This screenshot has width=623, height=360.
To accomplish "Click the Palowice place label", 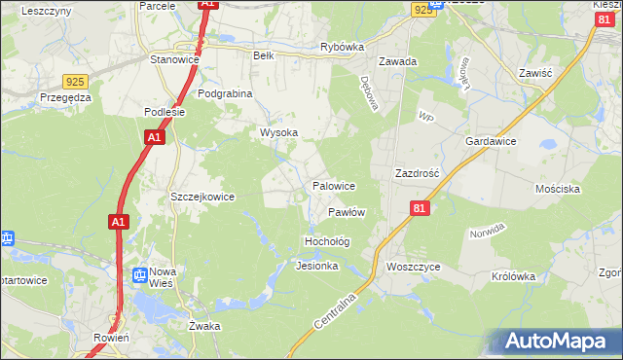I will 333,185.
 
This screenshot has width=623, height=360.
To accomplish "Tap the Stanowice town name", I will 174,59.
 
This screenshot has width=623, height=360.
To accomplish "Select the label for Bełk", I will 263,55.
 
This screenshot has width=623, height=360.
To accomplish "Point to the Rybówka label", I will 342,47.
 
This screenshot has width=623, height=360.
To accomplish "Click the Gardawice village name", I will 490,141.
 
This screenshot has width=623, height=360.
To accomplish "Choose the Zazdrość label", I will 418,172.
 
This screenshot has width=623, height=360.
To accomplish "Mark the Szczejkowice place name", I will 202,197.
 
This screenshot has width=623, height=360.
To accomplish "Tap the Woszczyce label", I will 414,266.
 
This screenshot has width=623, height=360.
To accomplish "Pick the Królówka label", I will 514,275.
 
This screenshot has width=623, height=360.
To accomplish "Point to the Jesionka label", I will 316,265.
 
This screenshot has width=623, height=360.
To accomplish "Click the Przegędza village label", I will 66,97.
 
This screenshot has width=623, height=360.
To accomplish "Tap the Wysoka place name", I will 278,132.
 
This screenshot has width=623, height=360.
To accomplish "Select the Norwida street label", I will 488,233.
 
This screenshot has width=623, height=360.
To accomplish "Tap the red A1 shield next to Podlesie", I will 155,139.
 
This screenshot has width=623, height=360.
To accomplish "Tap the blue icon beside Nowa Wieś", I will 139,276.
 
